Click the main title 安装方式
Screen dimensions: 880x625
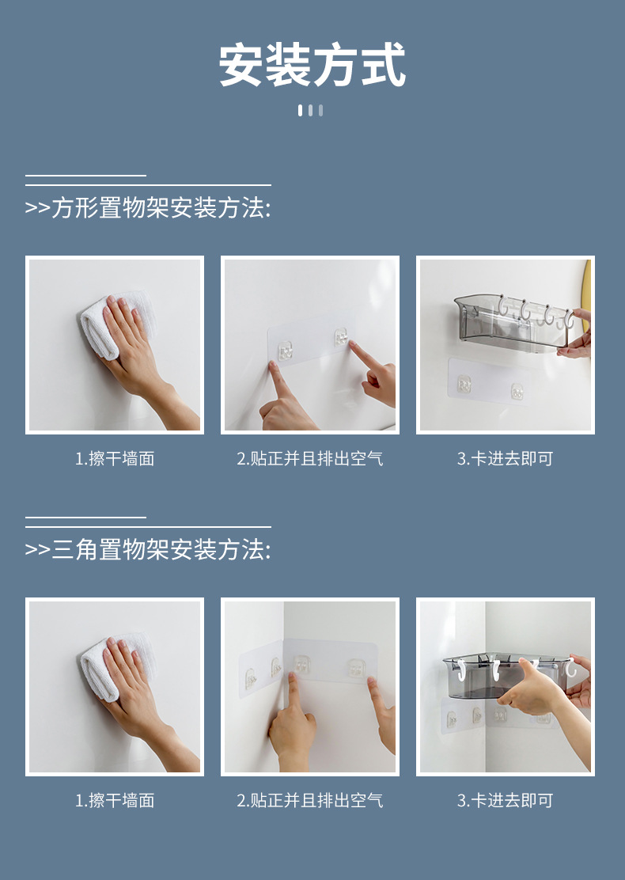312,65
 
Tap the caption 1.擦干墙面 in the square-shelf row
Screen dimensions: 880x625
115,459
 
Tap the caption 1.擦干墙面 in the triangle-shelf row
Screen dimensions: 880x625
115,801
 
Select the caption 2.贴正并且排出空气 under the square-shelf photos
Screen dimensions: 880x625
310,459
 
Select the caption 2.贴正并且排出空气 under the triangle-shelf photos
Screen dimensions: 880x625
310,801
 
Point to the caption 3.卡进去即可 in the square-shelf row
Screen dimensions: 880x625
505,459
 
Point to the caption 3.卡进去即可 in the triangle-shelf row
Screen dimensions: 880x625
505,801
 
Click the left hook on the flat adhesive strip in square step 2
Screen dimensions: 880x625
284,347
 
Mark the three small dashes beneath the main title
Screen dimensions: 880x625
310,110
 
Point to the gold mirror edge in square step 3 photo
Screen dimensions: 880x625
587,285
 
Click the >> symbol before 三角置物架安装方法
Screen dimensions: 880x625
37,550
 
